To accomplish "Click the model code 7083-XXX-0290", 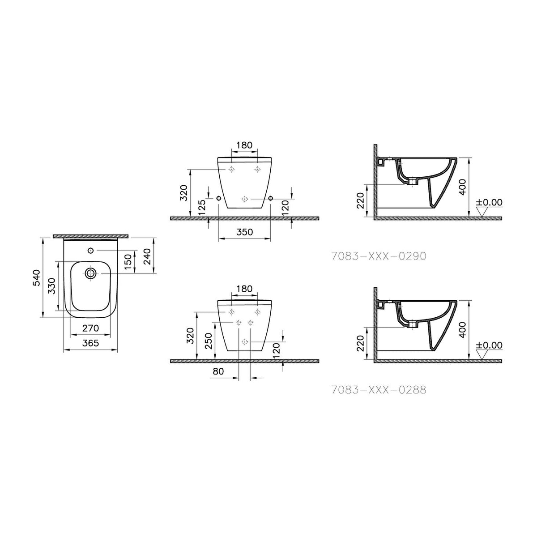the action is (379, 256).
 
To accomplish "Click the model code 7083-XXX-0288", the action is (379, 390).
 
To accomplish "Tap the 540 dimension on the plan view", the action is (37, 277).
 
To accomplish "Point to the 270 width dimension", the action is (90, 328).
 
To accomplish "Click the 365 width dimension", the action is (90, 343).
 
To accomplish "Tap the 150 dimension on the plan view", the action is (128, 261).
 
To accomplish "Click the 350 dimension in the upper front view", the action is (244, 232).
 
